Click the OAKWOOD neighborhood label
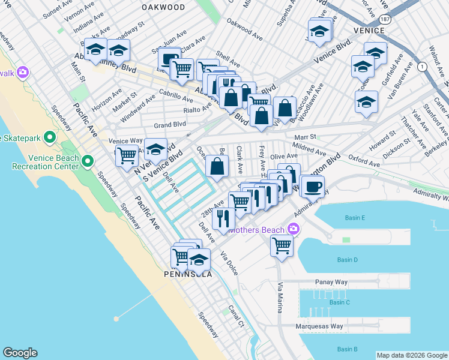[163, 7]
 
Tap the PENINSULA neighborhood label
[188, 274]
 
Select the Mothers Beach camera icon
[294, 229]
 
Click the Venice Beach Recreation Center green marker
[88, 161]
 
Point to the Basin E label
[351, 218]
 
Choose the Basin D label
[347, 260]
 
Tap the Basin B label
[347, 349]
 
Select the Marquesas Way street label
[321, 327]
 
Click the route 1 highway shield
[423, 67]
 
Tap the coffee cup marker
[312, 187]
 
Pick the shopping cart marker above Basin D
[281, 244]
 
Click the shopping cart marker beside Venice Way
[127, 155]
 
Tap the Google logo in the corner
[20, 353]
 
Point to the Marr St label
[304, 137]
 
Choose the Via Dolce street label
[229, 263]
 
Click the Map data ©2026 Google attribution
[412, 355]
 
